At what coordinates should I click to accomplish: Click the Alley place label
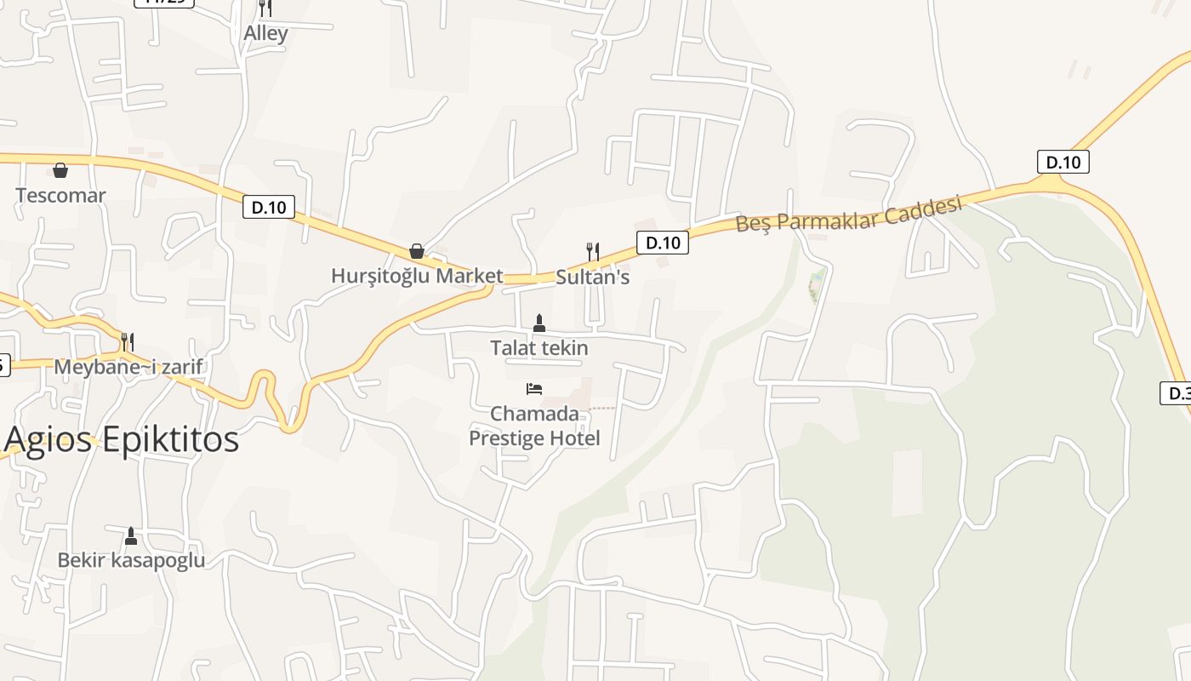point(265,34)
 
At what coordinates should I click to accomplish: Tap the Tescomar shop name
point(60,196)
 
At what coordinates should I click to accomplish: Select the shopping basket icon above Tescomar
point(60,170)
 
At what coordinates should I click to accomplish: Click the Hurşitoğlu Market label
point(417,276)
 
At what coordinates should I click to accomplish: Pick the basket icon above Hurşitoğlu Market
point(417,251)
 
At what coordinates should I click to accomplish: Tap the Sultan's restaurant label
point(593,277)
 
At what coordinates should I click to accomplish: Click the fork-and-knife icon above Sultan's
point(593,251)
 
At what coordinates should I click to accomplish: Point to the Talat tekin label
point(539,348)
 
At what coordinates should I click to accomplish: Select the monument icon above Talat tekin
point(539,323)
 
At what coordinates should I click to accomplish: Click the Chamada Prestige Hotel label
point(535,426)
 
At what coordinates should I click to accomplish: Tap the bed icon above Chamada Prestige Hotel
point(534,389)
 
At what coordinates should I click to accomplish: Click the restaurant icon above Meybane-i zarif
point(127,341)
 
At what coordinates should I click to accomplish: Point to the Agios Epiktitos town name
point(122,439)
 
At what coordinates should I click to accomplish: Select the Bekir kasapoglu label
point(131,560)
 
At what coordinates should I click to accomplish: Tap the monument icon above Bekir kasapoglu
point(131,535)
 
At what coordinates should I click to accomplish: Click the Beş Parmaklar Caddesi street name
point(848,214)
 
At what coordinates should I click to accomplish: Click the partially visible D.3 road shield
point(1176,393)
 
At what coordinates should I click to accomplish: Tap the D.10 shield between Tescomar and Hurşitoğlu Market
point(269,207)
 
